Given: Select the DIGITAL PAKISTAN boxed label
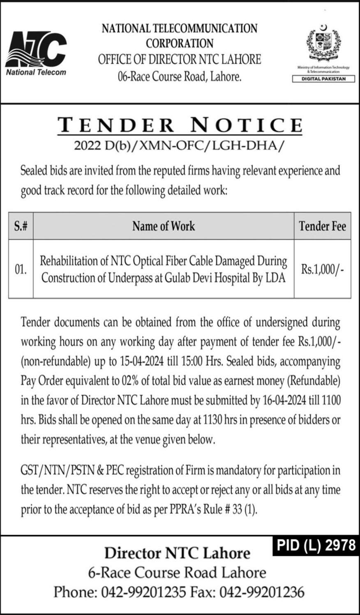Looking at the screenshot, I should point(323,79).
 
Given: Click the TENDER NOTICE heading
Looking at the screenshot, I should point(180,125).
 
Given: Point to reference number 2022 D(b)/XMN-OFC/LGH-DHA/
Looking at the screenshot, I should point(179,145).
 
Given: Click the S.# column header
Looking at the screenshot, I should point(21,226).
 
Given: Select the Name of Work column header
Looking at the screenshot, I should point(164,226).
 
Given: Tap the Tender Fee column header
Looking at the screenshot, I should point(323,226).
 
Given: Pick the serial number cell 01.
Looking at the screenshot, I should point(21,269).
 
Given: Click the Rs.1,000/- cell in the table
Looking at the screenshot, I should point(323,269).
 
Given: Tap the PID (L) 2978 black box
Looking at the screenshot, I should point(315,545).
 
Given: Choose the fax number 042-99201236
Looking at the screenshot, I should point(262,592).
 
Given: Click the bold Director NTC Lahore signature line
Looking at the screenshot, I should point(177,553).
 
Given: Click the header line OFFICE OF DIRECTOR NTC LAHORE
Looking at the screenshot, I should point(179,60).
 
